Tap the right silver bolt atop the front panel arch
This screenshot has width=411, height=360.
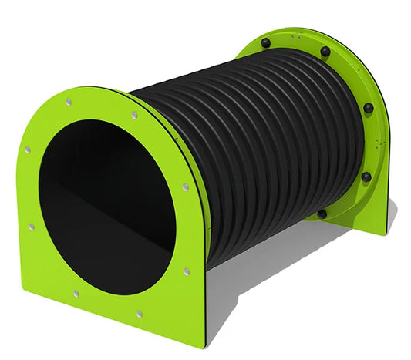point(135,114)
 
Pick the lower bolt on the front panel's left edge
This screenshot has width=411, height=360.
point(31,227)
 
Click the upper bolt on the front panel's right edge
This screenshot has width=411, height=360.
point(185,187)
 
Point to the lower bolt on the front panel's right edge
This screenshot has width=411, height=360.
point(187,271)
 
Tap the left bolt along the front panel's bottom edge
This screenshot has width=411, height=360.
point(76,293)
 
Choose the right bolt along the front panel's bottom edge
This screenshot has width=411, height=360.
point(139,314)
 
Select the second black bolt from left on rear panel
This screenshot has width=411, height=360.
point(325,52)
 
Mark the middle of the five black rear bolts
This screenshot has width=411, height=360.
point(368,107)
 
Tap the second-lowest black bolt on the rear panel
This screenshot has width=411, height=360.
point(366,176)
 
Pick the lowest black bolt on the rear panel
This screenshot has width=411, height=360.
point(322,214)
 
